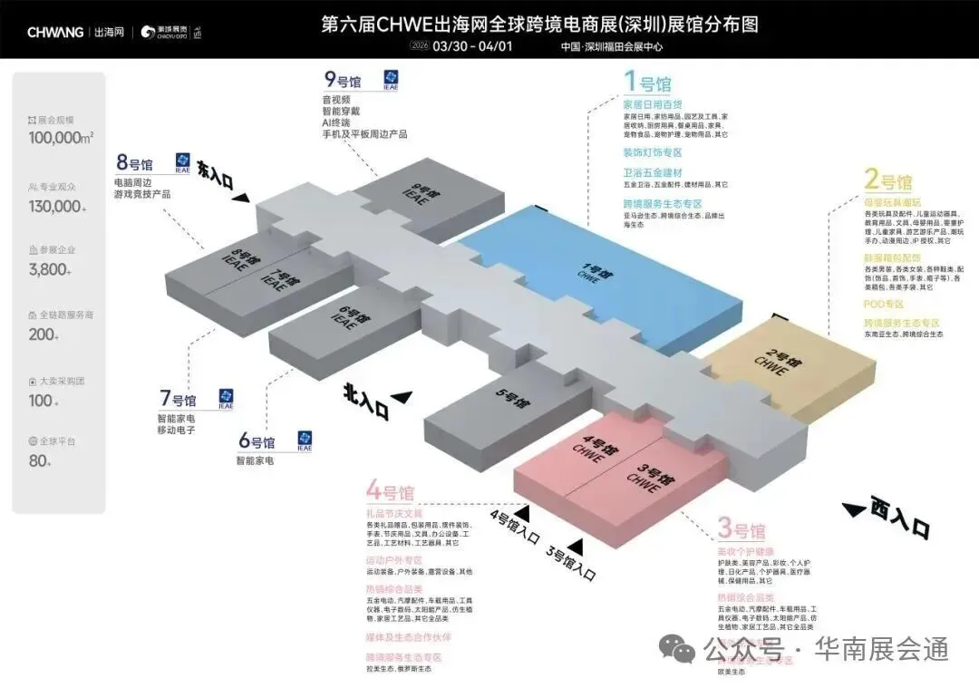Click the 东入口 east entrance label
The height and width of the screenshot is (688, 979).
coord(215,176)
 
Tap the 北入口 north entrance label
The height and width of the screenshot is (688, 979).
coord(365,401)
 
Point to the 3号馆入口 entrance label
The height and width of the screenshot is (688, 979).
coord(571,559)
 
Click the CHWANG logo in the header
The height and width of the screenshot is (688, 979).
coord(55,33)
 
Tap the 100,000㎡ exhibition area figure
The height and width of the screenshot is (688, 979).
coord(62,138)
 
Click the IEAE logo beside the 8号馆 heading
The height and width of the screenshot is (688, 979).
coord(183,163)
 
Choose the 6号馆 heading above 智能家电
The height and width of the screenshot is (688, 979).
coord(257,442)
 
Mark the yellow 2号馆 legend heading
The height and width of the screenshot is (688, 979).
coord(887,179)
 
